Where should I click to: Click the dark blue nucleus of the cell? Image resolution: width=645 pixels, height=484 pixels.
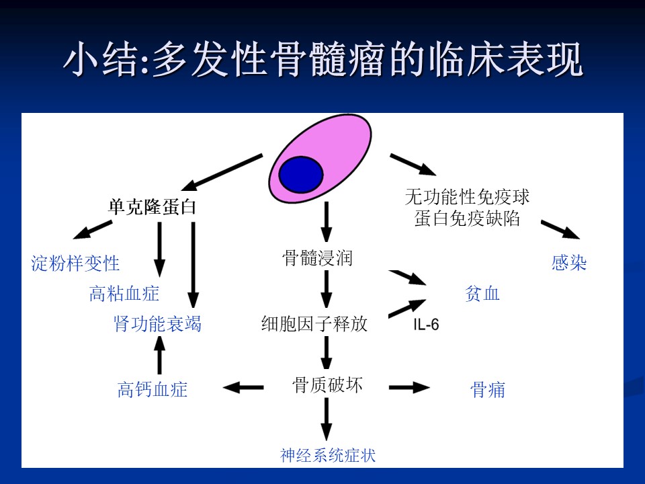pos(301,175)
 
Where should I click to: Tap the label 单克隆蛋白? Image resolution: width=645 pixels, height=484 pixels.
pos(152,206)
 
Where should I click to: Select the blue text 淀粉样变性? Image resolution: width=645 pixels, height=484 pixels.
pos(75,264)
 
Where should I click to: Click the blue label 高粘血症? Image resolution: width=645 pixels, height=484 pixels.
pos(124,294)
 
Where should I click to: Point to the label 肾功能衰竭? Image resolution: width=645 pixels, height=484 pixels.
pos(157,324)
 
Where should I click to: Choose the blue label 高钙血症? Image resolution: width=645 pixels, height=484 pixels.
pos(153,389)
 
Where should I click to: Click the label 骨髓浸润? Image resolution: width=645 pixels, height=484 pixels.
pos(318,258)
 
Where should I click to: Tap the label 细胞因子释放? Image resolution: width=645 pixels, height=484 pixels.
pos(314,324)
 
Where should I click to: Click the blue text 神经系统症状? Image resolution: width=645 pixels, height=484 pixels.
pos(328,456)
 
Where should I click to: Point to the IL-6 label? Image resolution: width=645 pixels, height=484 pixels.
pos(426,325)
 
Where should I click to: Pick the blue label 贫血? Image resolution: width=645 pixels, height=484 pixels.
pos(482,294)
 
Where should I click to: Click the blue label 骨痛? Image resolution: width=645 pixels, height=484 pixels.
pos(488,389)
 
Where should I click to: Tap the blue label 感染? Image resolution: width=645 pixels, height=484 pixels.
pos(569,263)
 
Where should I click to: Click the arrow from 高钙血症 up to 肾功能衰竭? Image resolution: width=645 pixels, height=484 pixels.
pos(160,355)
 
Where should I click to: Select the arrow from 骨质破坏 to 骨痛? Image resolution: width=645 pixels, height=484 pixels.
pos(409,387)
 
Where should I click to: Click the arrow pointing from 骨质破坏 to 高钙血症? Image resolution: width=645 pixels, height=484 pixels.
pos(243,387)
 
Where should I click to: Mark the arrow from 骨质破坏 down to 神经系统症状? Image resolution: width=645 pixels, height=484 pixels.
pos(327,419)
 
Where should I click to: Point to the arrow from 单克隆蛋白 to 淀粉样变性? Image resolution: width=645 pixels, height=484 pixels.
pos(92,230)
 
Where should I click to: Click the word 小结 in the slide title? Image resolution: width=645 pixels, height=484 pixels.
pos(101,60)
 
